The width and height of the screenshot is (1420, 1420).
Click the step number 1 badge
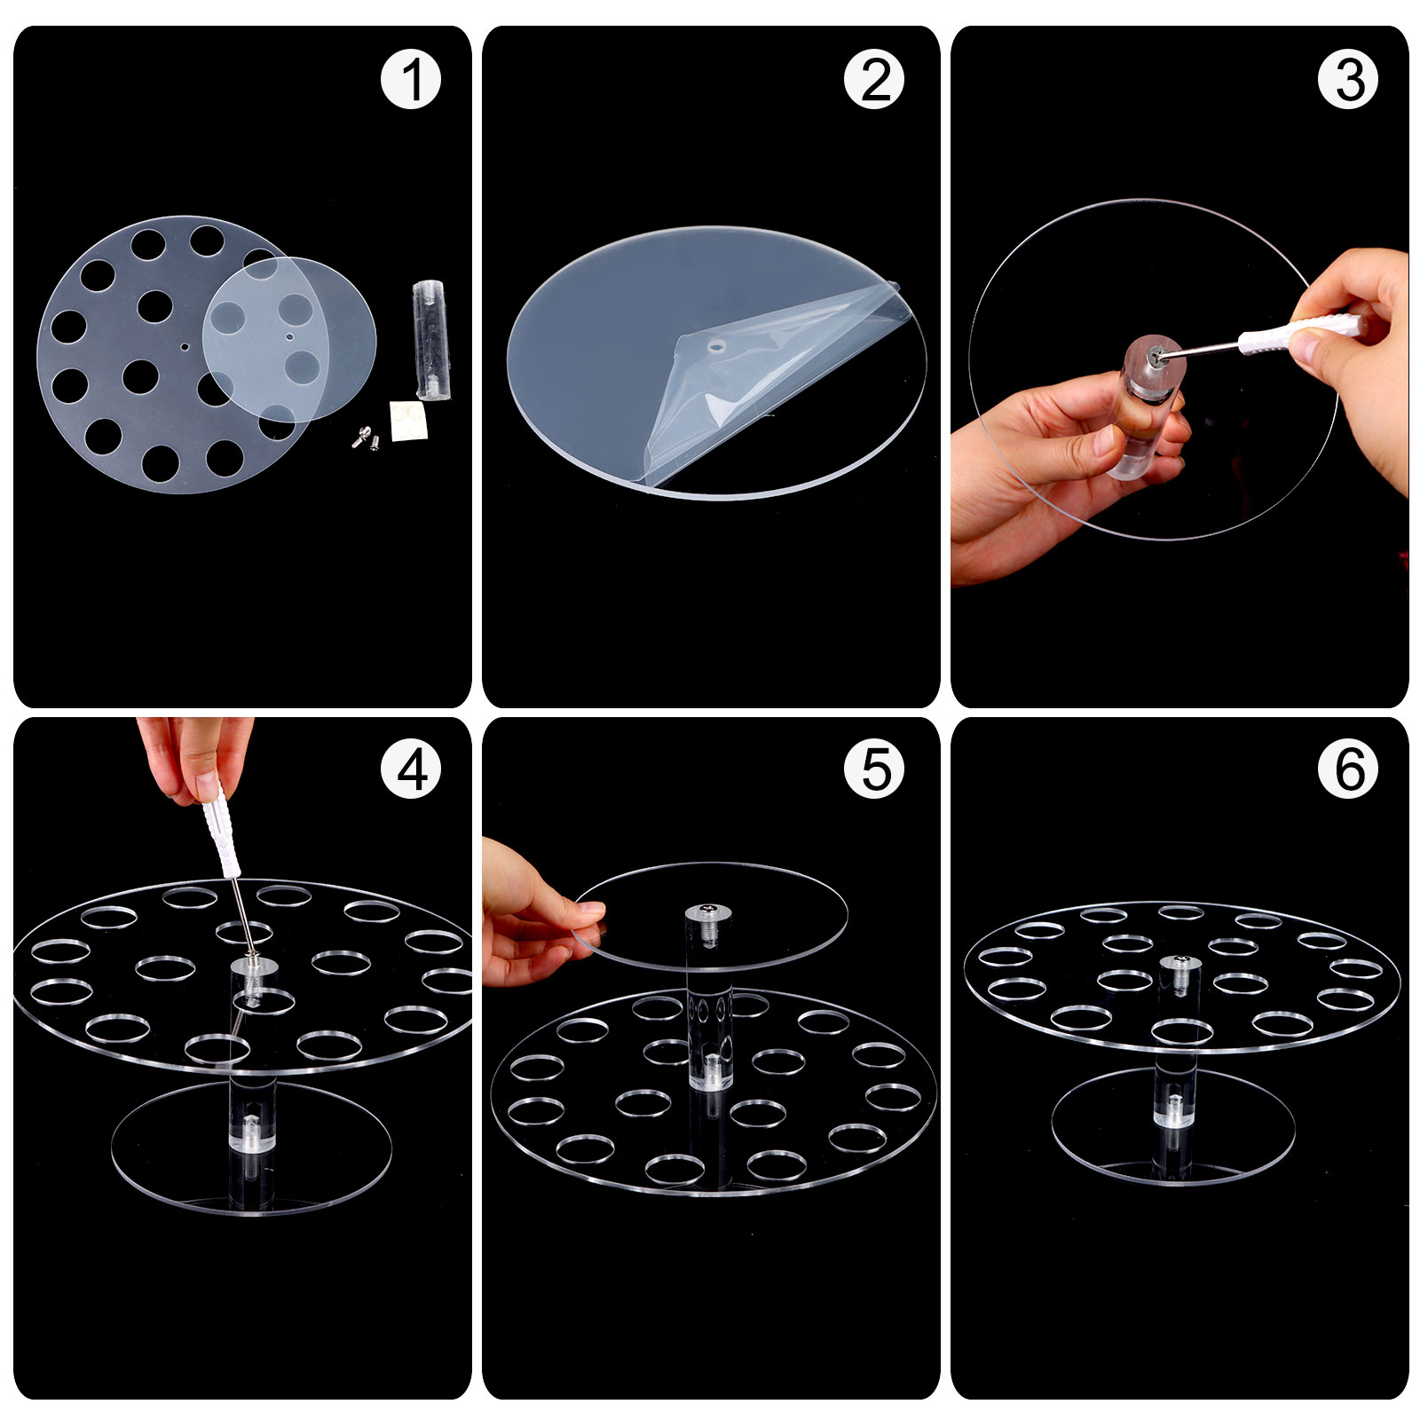pos(411,80)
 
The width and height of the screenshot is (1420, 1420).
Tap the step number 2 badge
pos(874,80)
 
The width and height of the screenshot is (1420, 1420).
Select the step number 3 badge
pos(1348,80)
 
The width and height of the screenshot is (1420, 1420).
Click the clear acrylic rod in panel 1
pos(431,340)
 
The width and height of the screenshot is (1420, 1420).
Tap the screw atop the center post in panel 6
pos(1179,961)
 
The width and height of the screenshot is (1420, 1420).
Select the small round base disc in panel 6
pos(1173,1126)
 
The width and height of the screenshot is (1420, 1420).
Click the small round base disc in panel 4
pos(251,1147)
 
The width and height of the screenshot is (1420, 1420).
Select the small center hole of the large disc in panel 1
pos(185,348)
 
